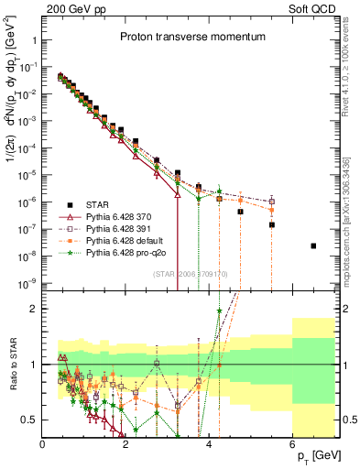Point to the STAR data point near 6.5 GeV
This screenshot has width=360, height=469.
[x=313, y=245]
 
